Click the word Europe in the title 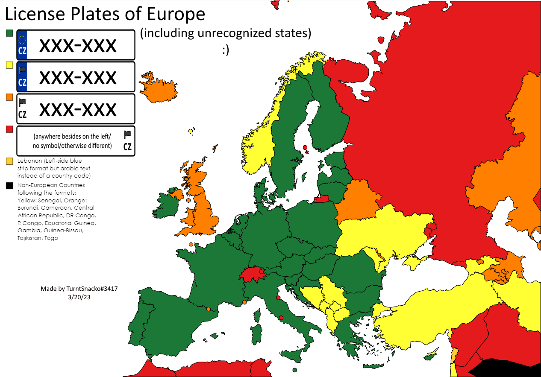pyautogui.click(x=176, y=14)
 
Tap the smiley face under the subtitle pyautogui.click(x=226, y=50)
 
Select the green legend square pyautogui.click(x=9, y=33)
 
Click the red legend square pyautogui.click(x=9, y=129)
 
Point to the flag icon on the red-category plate pyautogui.click(x=127, y=135)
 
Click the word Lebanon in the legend pyautogui.click(x=29, y=161)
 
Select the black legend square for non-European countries pyautogui.click(x=9, y=186)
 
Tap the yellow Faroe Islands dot pyautogui.click(x=190, y=131)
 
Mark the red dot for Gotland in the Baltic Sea pyautogui.click(x=305, y=147)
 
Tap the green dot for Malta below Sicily pyautogui.click(x=295, y=370)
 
